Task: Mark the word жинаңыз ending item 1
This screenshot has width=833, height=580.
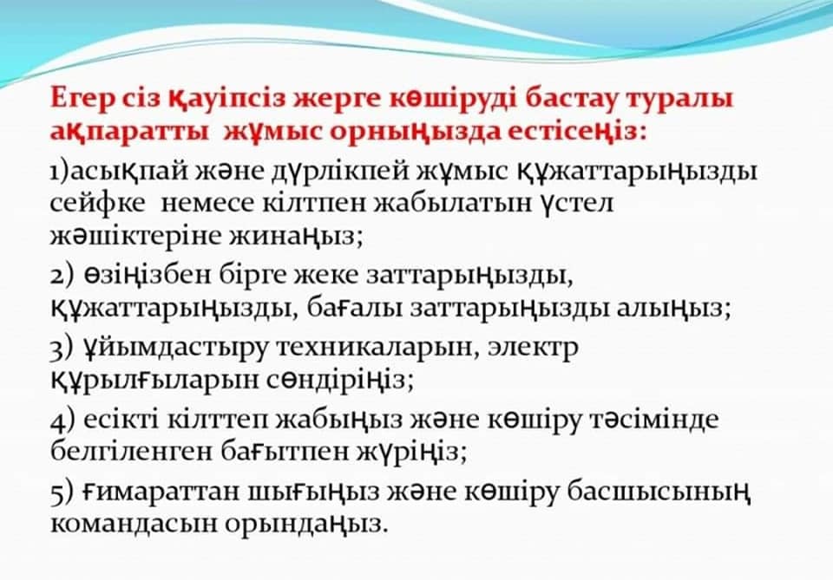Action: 296,236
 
